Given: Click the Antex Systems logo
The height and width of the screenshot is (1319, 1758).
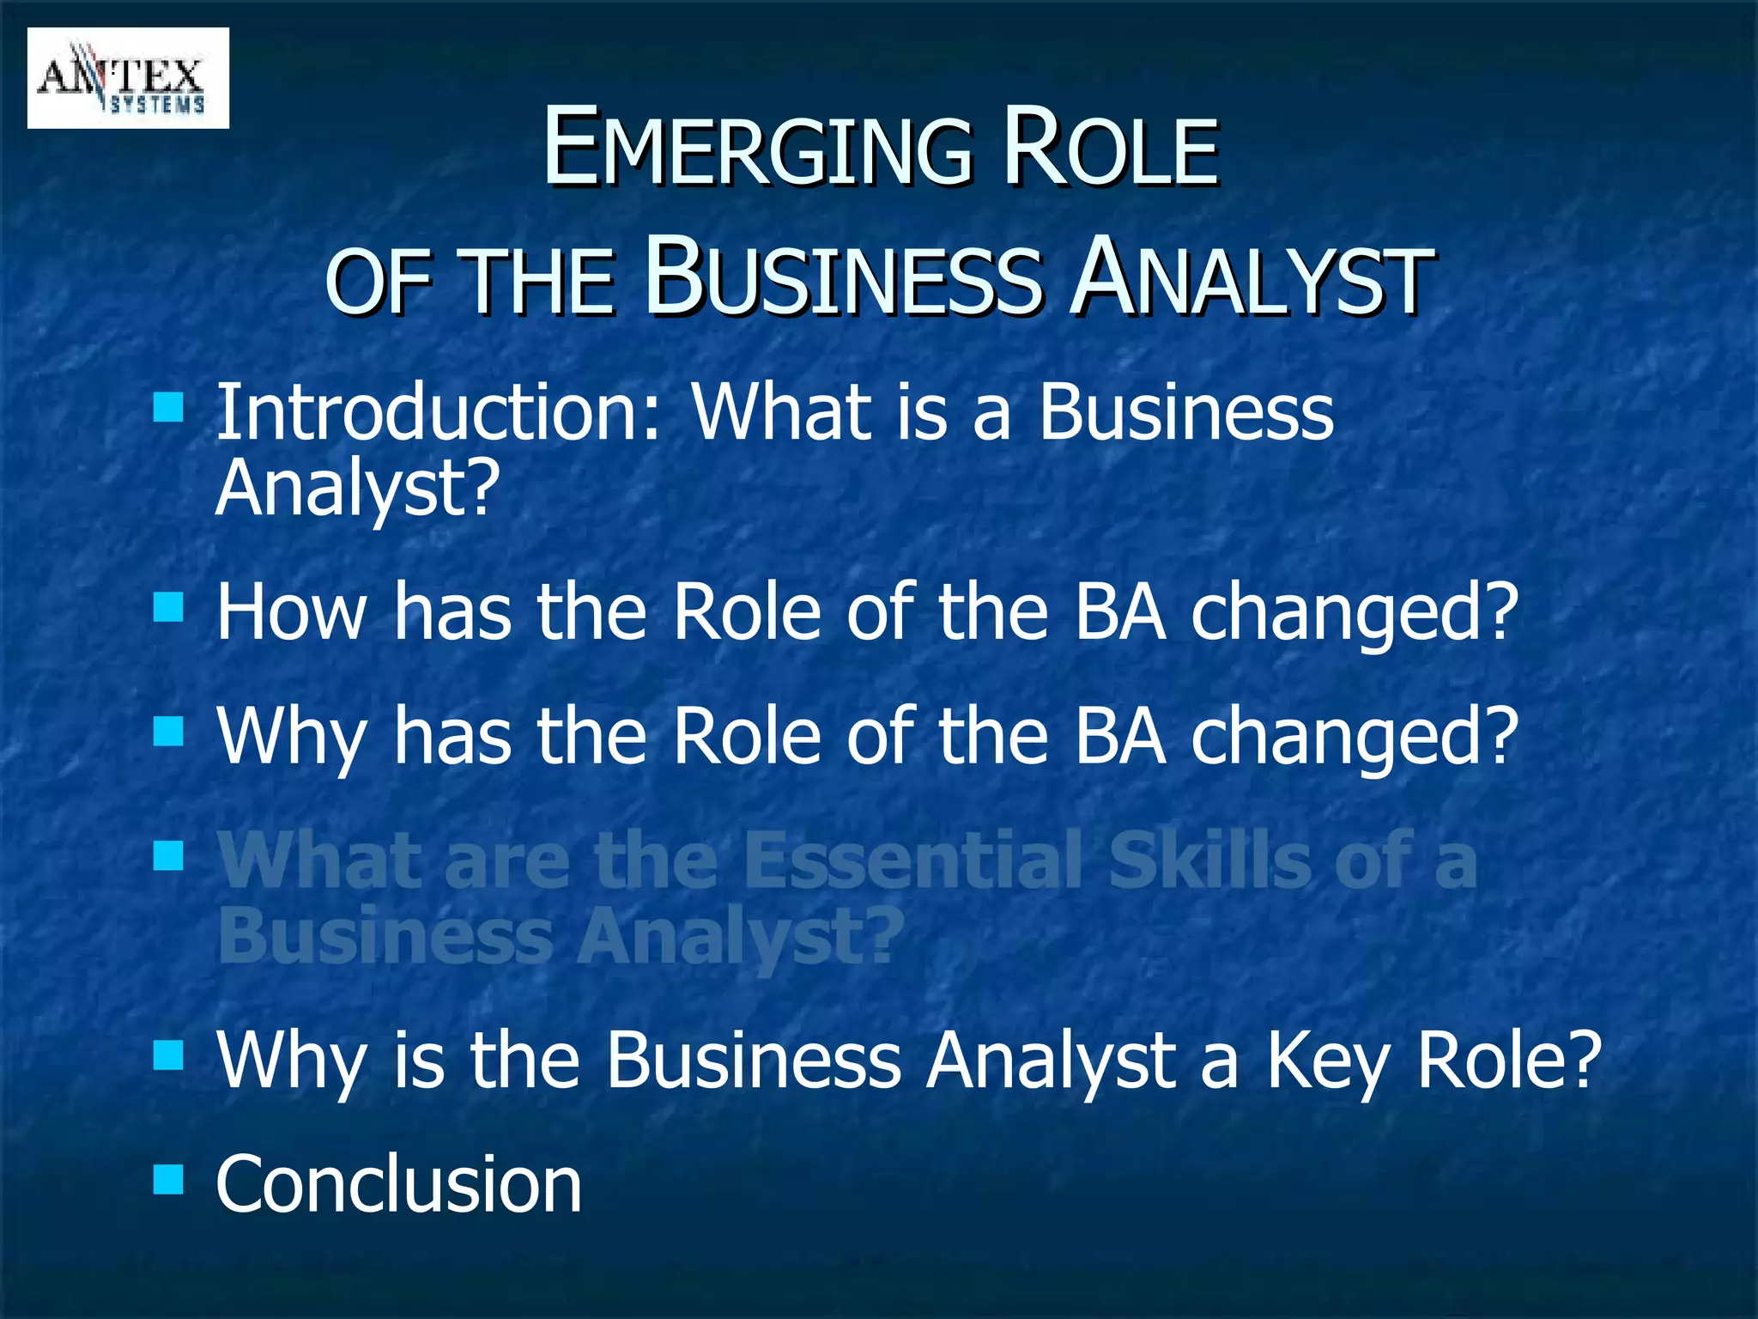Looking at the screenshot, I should [x=128, y=78].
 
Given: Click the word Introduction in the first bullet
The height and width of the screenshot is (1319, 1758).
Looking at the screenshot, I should [x=439, y=413].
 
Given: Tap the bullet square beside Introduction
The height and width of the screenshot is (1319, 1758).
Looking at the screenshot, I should [x=169, y=407].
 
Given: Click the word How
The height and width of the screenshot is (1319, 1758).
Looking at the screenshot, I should [x=291, y=611].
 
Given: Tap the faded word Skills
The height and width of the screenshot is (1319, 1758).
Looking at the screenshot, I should [x=1209, y=860].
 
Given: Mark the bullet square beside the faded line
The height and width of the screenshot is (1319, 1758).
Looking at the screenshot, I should [x=169, y=855].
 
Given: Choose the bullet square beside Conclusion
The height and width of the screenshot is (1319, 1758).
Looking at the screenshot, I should [x=169, y=1180].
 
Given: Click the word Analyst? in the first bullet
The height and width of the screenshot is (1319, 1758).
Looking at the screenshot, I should [x=357, y=488].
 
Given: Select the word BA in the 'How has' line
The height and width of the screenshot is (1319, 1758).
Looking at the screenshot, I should [x=1120, y=611].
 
